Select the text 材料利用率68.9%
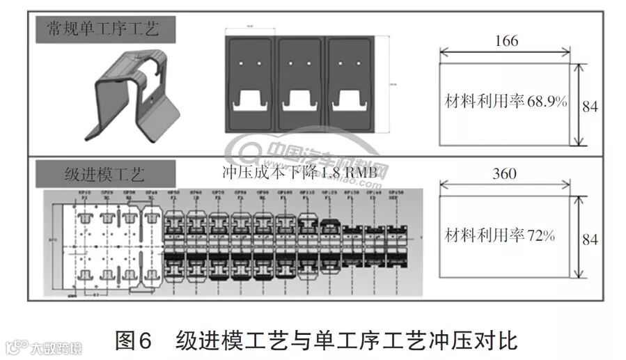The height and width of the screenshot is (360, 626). point(506,102)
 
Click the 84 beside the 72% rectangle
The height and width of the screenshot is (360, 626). point(590,239)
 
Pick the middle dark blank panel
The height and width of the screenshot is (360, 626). point(302,84)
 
